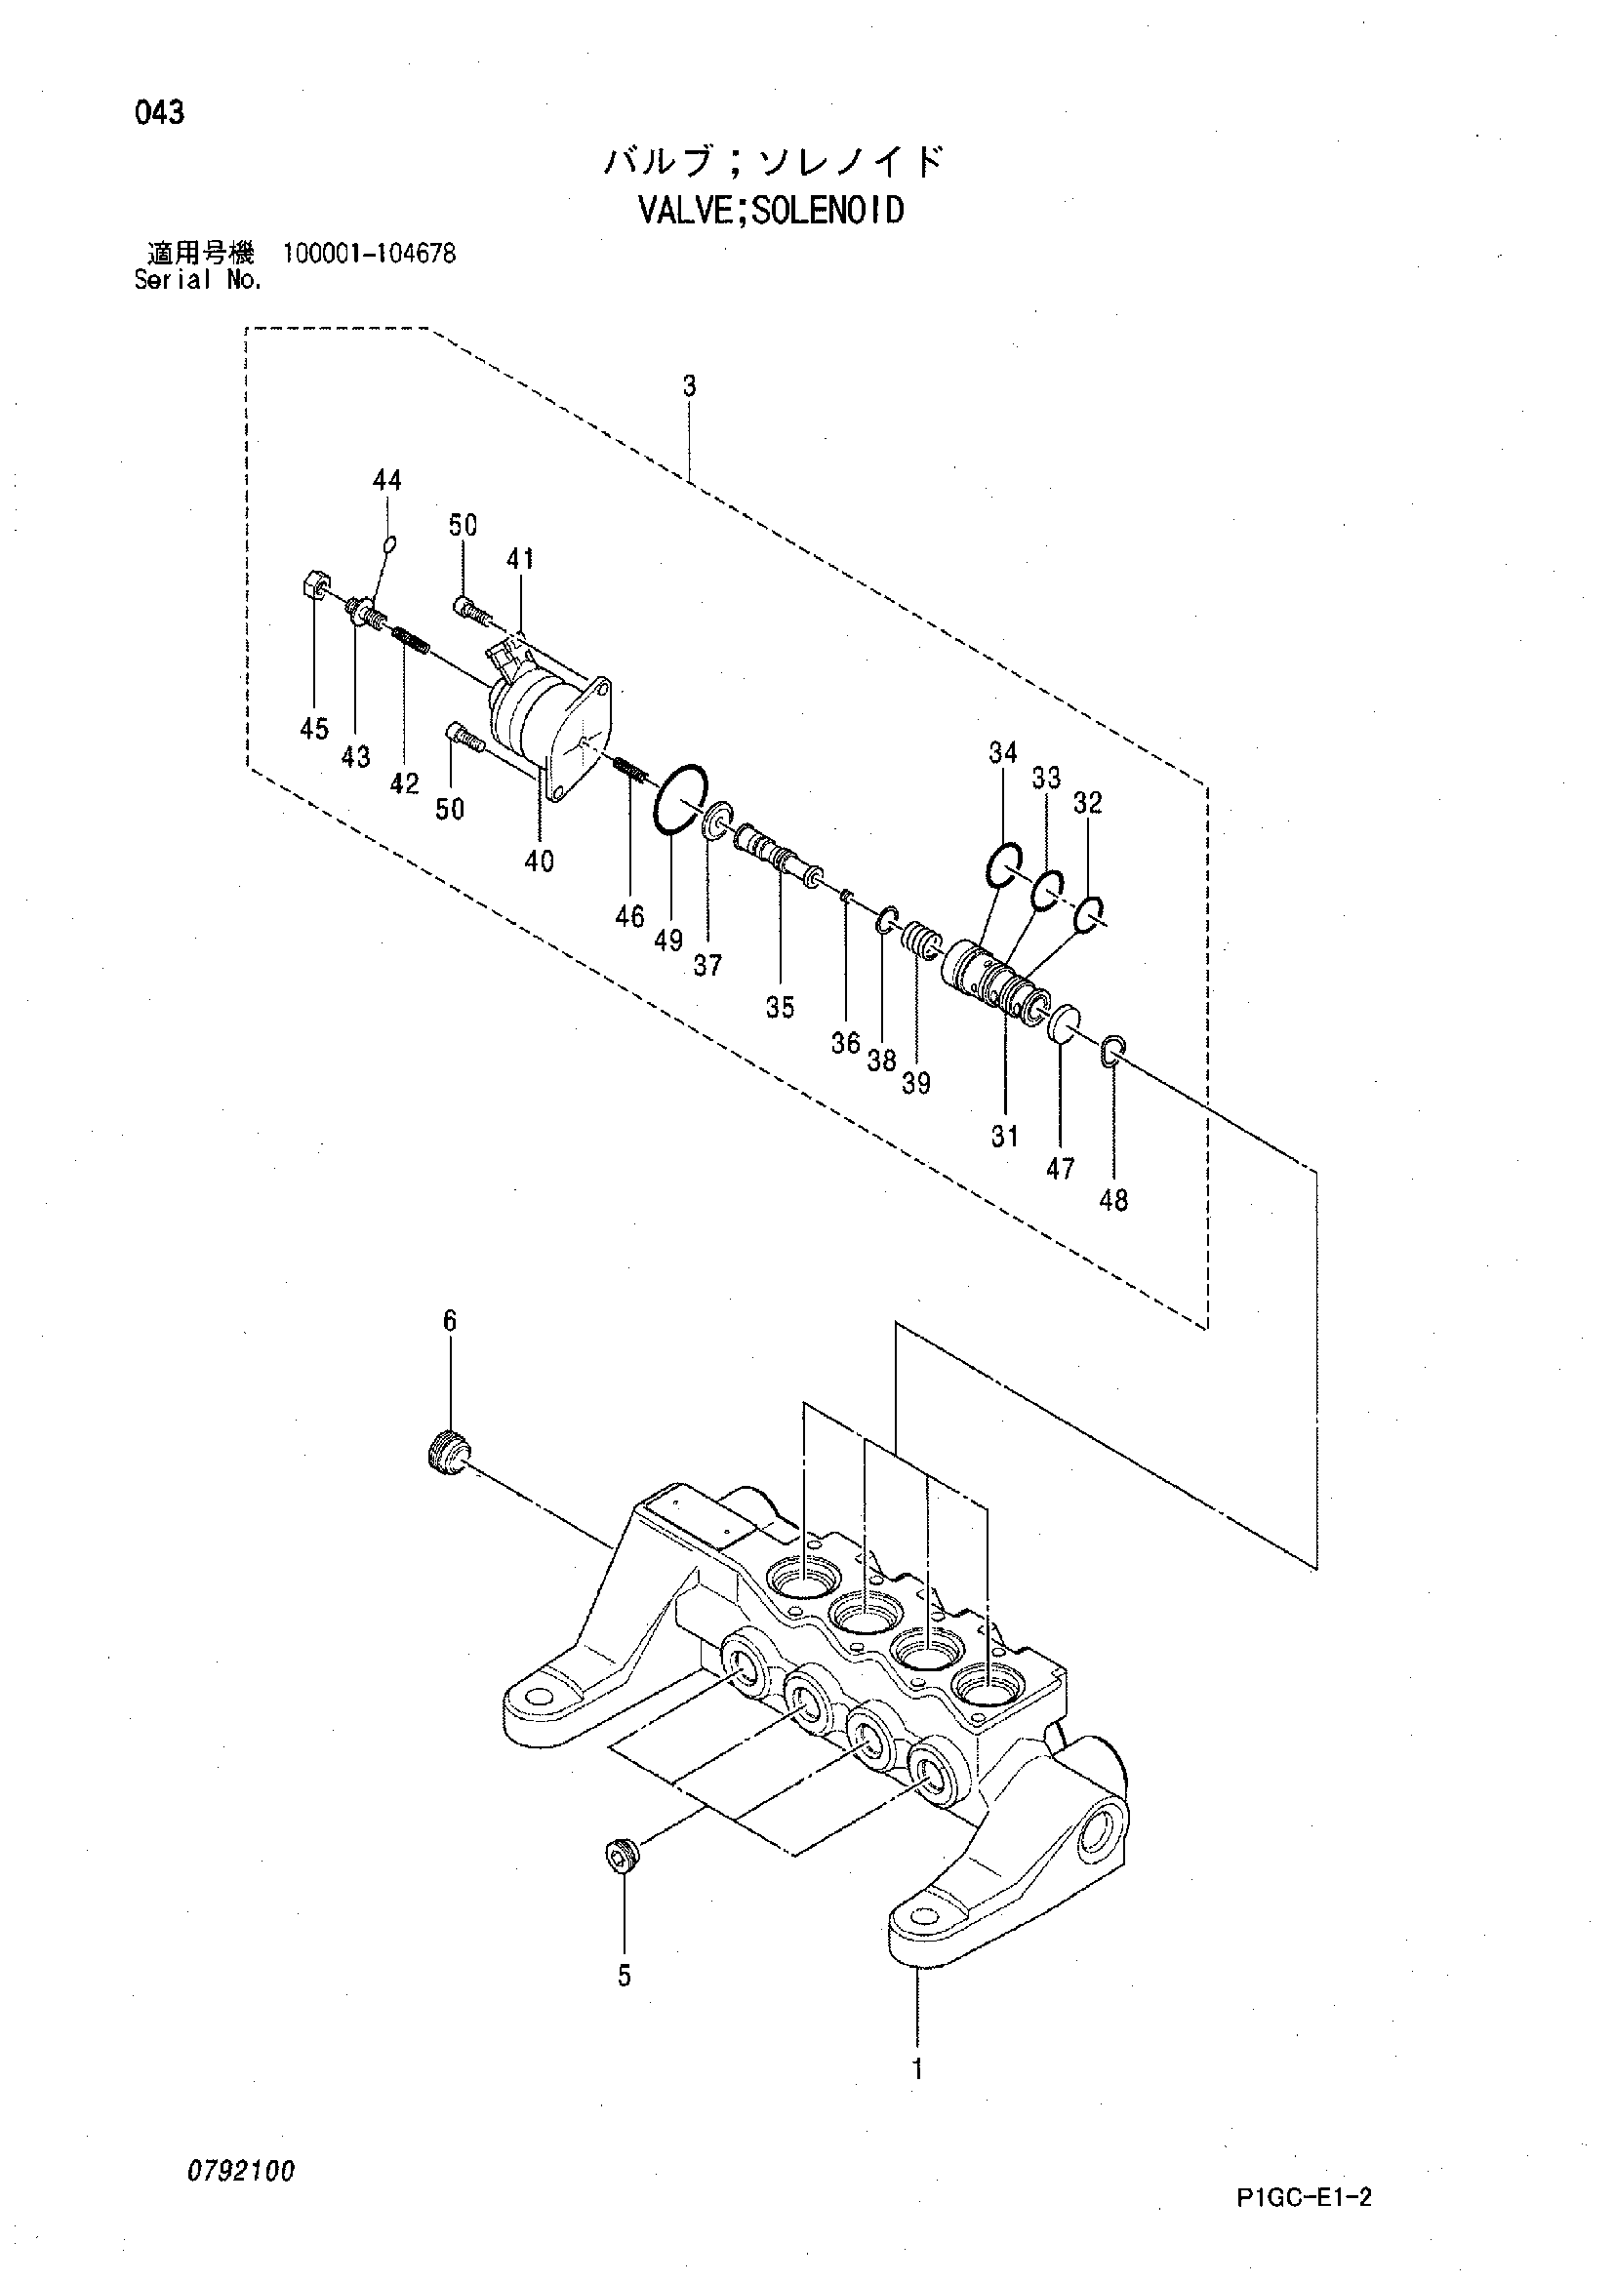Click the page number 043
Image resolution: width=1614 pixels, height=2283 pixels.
click(160, 113)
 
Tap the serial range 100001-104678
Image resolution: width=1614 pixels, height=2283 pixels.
click(369, 255)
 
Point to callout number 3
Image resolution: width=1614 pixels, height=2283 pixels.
click(690, 386)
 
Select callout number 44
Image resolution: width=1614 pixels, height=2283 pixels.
click(386, 481)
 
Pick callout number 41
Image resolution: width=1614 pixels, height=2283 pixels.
click(520, 560)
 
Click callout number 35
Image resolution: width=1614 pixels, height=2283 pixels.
click(781, 1008)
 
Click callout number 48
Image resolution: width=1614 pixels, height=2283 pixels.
click(1113, 1201)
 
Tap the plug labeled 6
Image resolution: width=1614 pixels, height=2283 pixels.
click(445, 1461)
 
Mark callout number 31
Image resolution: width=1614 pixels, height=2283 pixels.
click(1005, 1136)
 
